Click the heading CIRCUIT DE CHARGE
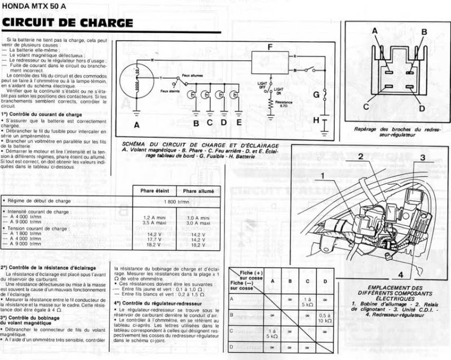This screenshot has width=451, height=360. (68, 23)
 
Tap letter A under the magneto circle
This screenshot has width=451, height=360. (136, 123)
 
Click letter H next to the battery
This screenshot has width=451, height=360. (316, 120)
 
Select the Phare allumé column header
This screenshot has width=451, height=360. (198, 191)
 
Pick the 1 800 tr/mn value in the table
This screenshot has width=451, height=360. (176, 201)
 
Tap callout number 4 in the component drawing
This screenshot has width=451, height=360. (399, 275)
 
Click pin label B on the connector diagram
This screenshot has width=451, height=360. (423, 32)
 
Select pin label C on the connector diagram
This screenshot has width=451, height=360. (366, 106)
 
